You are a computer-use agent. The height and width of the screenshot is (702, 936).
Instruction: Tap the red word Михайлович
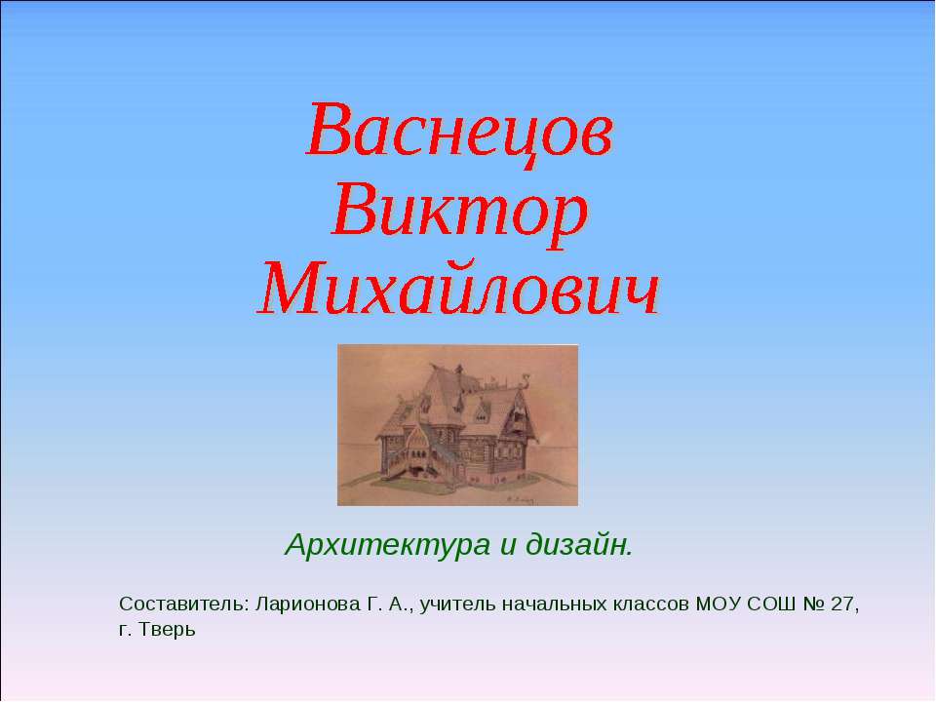(459, 289)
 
